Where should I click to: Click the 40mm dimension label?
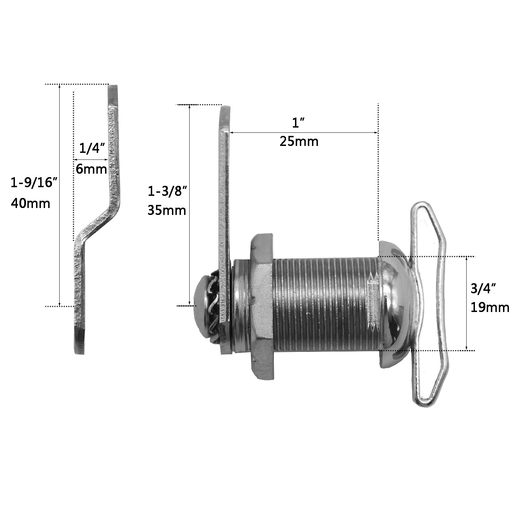click(x=31, y=203)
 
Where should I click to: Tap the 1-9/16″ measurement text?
click(x=33, y=182)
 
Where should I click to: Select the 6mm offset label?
click(x=91, y=169)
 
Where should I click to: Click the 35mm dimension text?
click(x=167, y=210)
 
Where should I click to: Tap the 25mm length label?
click(x=299, y=141)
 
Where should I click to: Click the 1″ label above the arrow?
click(x=298, y=122)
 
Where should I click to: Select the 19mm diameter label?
click(x=490, y=307)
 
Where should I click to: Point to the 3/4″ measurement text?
click(x=483, y=288)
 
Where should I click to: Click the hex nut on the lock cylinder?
click(x=262, y=305)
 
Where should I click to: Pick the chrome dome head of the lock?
click(x=395, y=303)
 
